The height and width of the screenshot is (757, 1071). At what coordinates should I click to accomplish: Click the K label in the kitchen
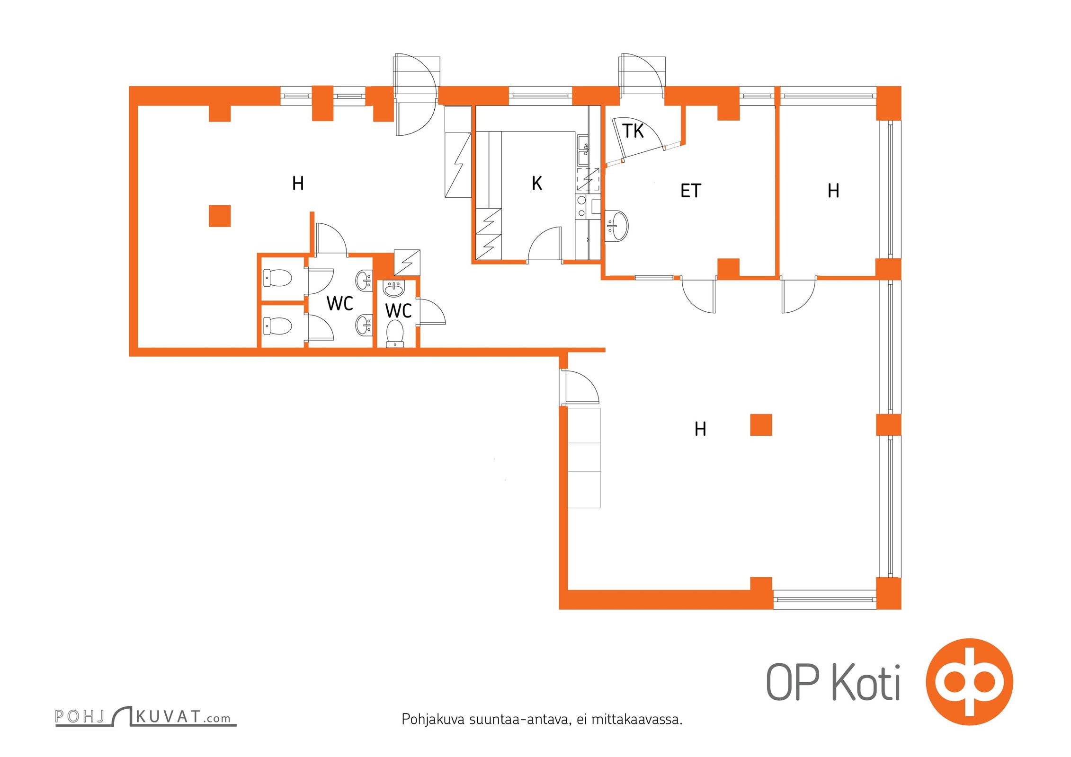point(536,183)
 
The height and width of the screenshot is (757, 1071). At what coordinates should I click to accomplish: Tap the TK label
point(633,131)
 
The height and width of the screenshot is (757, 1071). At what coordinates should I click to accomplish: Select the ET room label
point(690,191)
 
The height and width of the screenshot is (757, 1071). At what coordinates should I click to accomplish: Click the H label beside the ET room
point(833,191)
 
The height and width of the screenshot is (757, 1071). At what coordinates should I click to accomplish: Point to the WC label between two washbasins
point(340,303)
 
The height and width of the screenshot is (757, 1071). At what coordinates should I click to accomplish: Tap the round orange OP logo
point(969,682)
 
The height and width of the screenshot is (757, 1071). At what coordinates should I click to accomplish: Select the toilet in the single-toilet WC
point(394,334)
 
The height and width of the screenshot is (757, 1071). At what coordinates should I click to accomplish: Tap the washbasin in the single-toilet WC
point(394,288)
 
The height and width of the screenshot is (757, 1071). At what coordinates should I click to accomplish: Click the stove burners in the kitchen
point(581,207)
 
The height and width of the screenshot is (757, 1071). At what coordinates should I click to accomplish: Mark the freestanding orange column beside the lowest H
point(761,424)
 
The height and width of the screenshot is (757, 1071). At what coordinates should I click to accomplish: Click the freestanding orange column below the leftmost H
point(220,216)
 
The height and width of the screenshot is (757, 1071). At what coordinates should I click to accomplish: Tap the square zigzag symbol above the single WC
point(407,262)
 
